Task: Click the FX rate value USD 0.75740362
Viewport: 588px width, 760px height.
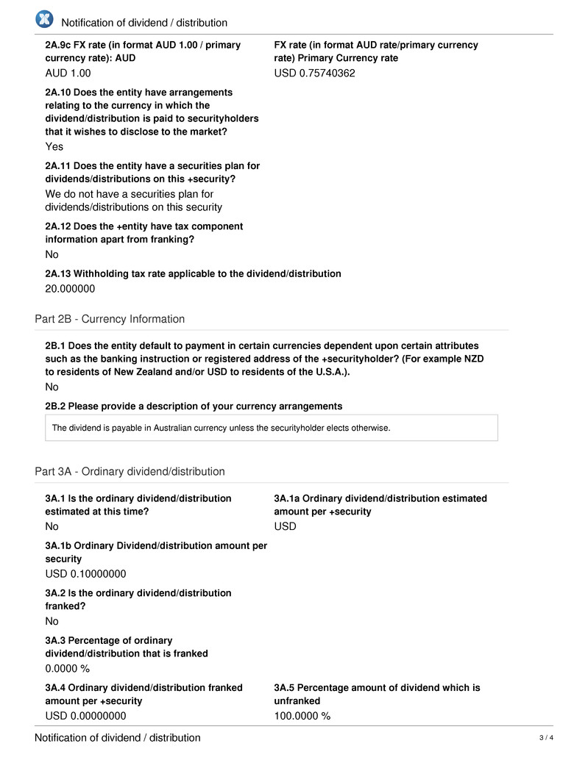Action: point(314,73)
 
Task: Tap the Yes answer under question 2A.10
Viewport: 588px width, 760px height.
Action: point(54,146)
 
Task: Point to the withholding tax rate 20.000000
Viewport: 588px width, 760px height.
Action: point(70,289)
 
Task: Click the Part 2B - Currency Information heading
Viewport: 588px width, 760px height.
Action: point(110,319)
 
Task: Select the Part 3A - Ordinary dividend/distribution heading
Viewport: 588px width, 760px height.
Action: point(130,471)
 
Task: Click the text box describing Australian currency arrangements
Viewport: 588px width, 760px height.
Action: point(271,428)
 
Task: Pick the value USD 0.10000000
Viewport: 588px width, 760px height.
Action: point(85,574)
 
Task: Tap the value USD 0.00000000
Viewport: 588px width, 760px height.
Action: point(85,716)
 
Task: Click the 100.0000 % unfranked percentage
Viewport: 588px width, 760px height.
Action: point(302,716)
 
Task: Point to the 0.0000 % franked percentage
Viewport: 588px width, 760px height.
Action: point(67,669)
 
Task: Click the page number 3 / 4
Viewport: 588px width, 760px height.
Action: point(545,738)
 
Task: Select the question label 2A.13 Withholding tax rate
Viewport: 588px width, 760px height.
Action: point(193,273)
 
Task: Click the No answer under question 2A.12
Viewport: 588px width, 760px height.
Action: point(52,254)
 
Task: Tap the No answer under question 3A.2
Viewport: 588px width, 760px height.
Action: point(52,621)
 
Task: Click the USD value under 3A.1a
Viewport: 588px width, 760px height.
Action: point(285,526)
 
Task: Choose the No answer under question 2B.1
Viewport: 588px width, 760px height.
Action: point(52,387)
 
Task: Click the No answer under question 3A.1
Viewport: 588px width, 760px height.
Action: point(52,526)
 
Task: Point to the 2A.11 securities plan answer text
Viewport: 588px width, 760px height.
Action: point(133,201)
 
